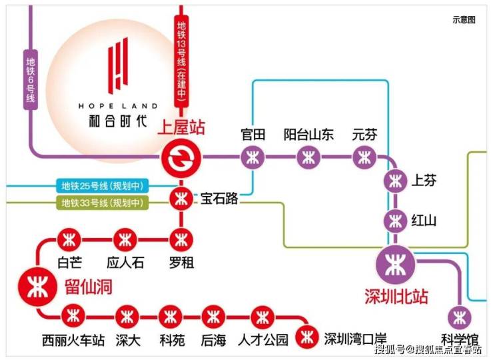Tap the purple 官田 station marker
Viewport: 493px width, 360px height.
point(252,158)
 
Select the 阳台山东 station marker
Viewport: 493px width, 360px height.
point(308,158)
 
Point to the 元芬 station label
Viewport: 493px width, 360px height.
point(364,135)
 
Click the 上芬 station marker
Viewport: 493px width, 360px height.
point(396,181)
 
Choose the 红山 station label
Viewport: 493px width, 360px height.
point(424,220)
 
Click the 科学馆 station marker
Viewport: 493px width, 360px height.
point(458,317)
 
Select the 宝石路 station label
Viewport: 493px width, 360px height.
point(219,199)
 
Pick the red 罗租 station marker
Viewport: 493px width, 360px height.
point(181,239)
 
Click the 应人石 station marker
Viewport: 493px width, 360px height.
point(125,239)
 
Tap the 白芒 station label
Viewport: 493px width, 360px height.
point(69,262)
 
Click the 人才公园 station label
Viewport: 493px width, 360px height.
point(263,340)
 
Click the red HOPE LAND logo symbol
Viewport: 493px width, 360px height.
point(118,65)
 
